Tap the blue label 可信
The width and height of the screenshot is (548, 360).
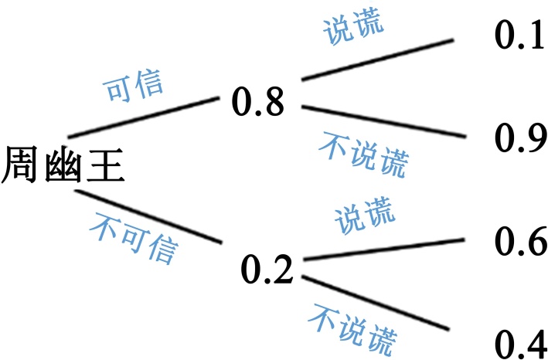pos(134,88)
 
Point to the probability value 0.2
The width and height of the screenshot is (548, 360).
pos(267,267)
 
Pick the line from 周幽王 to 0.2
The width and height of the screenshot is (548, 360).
pos(147,216)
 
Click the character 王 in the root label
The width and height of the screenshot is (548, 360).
pos(105,167)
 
